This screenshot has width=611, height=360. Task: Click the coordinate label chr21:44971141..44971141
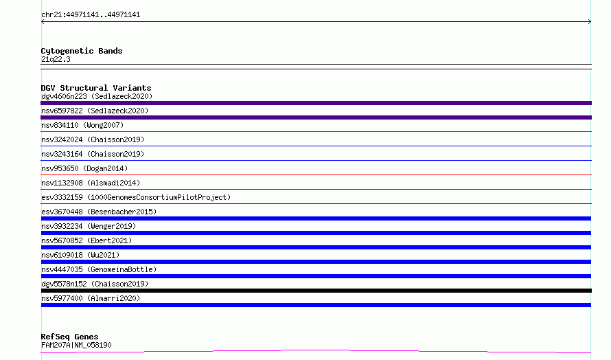(x=91, y=15)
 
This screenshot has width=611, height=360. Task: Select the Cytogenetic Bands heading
(x=82, y=51)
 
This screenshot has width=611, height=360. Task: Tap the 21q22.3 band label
(x=56, y=59)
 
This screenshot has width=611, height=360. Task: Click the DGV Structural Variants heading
(x=96, y=88)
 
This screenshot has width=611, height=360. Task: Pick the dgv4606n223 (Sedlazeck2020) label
(x=97, y=96)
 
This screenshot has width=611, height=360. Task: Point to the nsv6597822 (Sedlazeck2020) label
(x=95, y=111)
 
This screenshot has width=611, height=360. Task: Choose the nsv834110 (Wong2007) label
(x=82, y=125)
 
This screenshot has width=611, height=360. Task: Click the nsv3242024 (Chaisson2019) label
(x=93, y=139)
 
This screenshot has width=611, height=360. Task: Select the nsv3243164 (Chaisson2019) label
(x=93, y=154)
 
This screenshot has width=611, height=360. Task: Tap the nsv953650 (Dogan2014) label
(x=84, y=168)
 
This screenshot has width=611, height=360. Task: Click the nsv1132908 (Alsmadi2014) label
(x=91, y=183)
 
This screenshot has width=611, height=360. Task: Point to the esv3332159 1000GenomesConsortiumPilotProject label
(x=136, y=197)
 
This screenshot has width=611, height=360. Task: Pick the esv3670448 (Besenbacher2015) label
(x=99, y=212)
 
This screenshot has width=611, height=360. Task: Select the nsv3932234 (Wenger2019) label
(x=89, y=226)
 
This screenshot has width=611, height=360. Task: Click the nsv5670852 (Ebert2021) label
(x=87, y=240)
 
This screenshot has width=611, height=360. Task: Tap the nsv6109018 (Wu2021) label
(x=80, y=255)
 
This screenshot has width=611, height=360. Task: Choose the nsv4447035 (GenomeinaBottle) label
(x=99, y=269)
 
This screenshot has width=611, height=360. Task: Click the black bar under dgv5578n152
(x=316, y=291)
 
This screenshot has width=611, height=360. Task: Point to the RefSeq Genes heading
(x=70, y=337)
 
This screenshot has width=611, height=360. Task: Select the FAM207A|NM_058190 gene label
(x=76, y=345)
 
